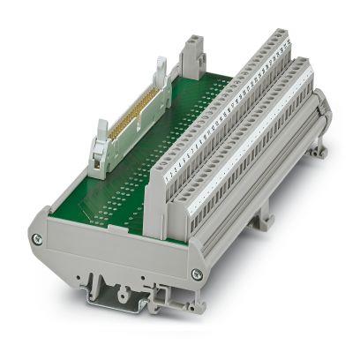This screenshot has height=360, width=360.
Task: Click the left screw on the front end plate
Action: tap(36, 239)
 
